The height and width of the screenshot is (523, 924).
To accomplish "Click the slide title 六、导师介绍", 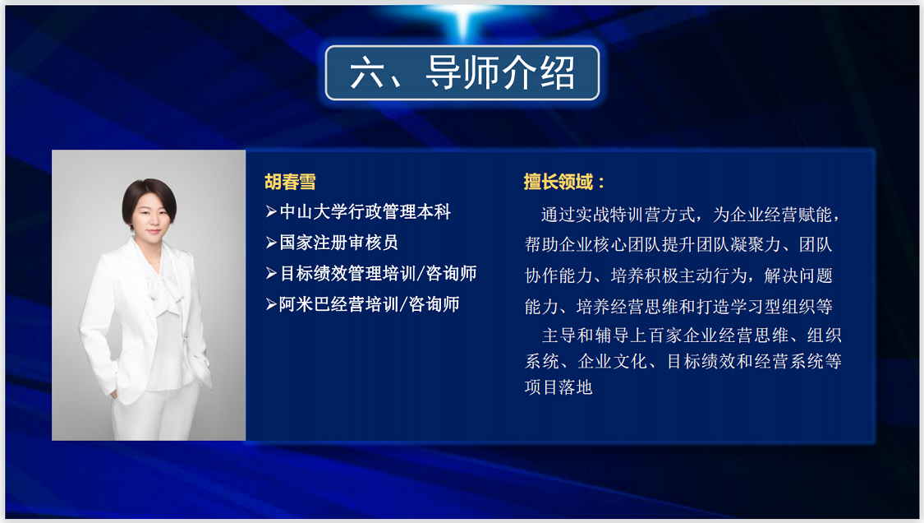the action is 462,72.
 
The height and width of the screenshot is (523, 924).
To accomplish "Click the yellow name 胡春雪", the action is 290,182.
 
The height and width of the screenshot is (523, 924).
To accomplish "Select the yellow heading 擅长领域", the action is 558,182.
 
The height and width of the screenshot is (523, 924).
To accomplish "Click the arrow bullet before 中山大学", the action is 271,211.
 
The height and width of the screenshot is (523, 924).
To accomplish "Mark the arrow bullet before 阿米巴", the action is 271,304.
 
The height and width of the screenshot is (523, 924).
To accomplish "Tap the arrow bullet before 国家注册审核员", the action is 271,242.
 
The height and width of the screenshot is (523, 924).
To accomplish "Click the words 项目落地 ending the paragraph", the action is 559,387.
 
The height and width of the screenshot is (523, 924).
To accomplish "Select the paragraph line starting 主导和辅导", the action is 692,336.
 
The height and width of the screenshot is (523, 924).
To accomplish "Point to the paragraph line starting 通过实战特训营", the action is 691,215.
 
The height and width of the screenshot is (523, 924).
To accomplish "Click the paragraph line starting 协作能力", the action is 679,275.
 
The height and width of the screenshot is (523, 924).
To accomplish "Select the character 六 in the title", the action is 367,73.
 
